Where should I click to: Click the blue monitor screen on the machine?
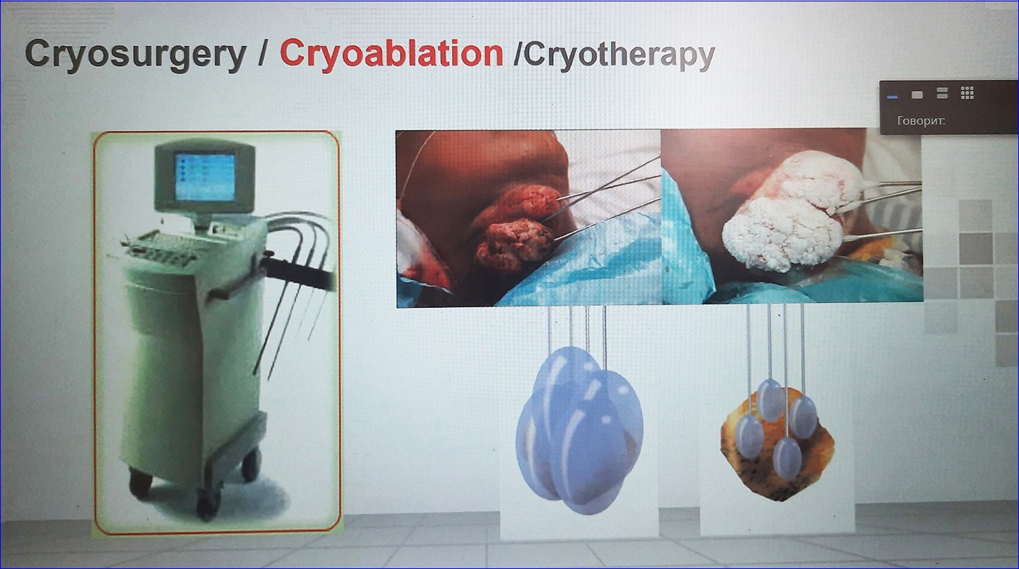coord(205,176)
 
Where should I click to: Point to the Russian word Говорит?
coord(921,121)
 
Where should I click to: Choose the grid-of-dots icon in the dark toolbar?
coord(967,93)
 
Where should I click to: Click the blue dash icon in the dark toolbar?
coord(892,97)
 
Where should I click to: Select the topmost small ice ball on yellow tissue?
coord(770,400)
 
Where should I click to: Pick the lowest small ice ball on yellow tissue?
coord(787,457)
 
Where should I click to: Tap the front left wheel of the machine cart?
coord(208,504)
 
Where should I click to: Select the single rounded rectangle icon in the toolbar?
coord(917,94)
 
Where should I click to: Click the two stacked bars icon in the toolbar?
coord(942,93)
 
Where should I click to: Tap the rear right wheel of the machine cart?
coord(251,464)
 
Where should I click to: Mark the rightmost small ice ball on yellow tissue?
coord(803,417)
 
